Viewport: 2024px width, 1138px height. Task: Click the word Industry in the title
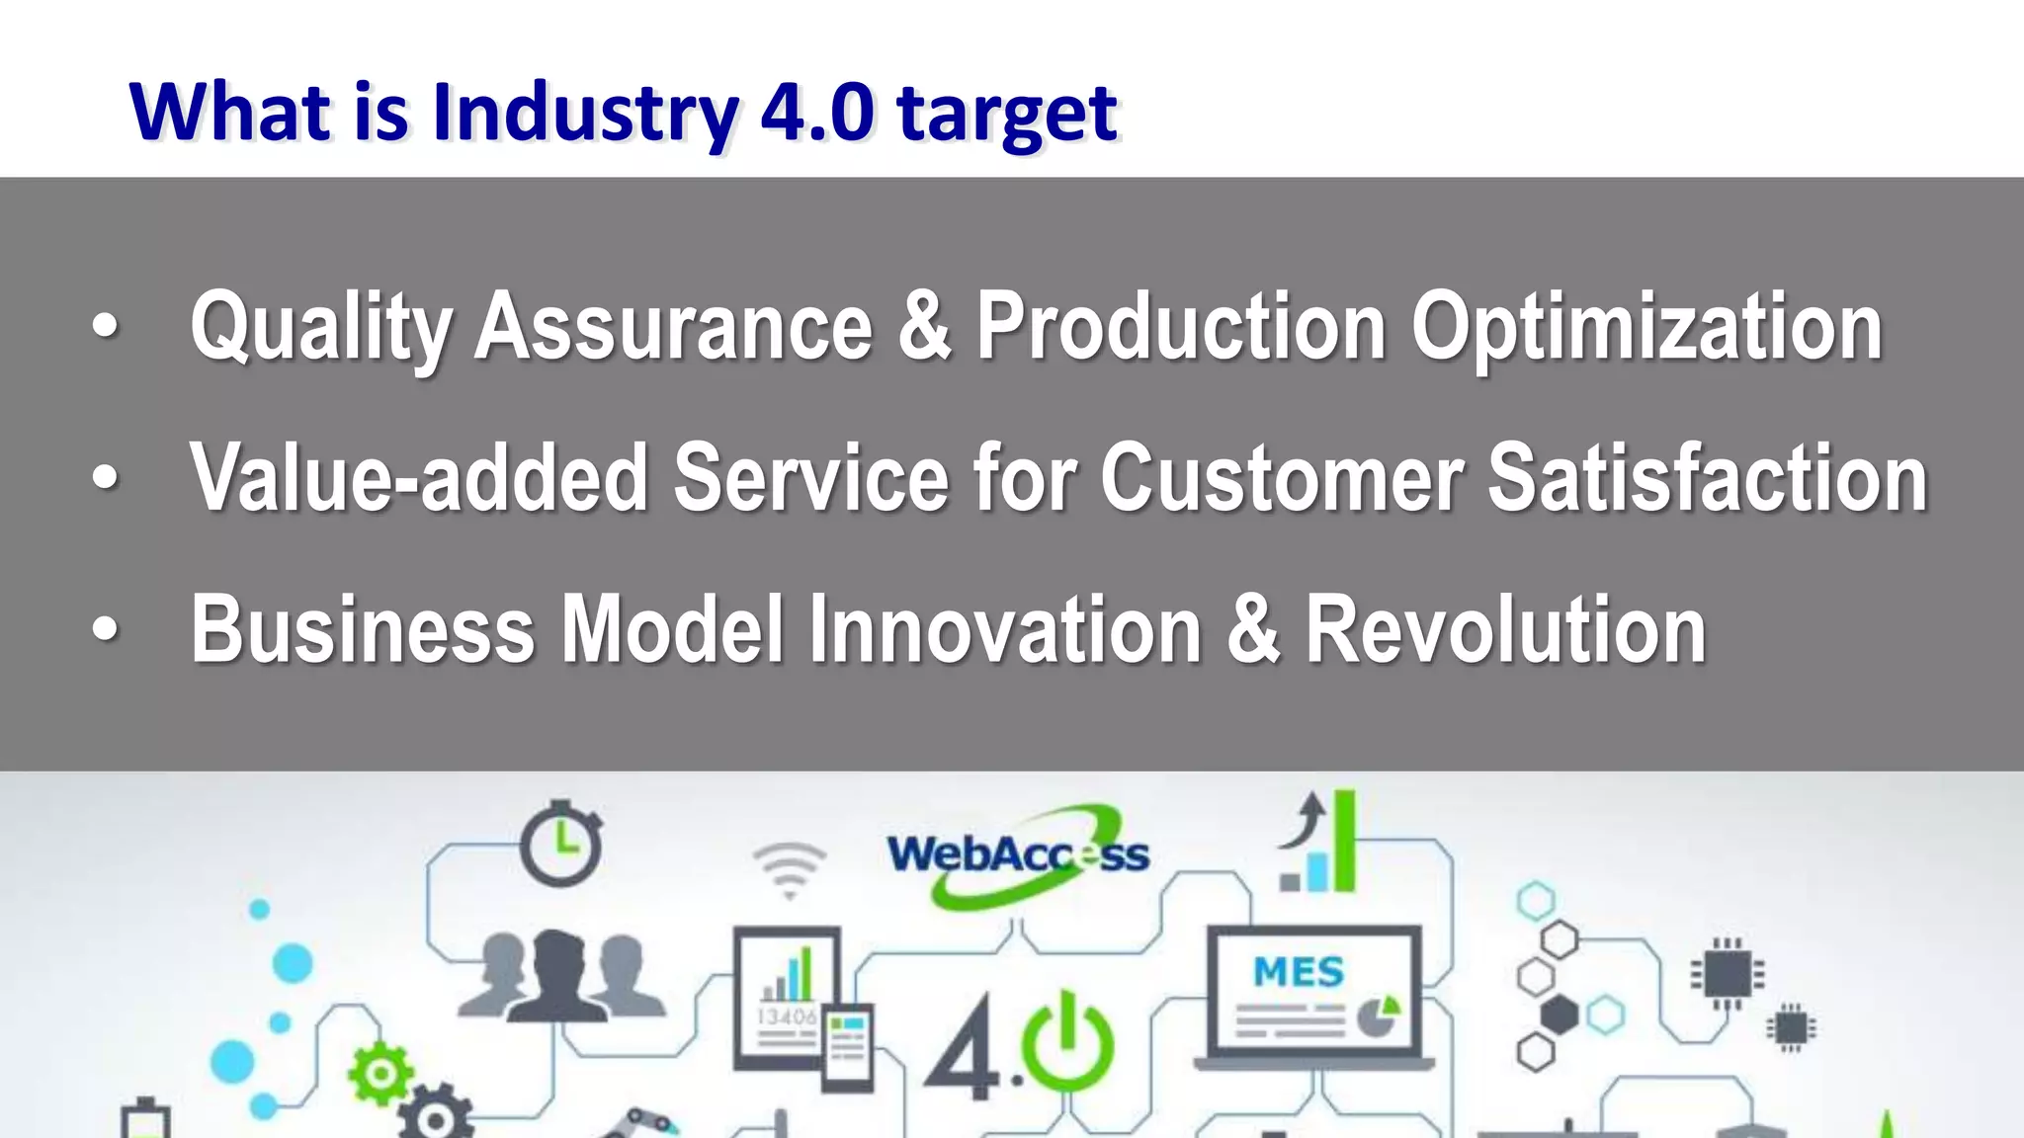click(584, 113)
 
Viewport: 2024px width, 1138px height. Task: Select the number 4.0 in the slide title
click(816, 111)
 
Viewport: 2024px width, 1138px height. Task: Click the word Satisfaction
click(1708, 478)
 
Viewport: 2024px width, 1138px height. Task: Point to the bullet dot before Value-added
click(105, 478)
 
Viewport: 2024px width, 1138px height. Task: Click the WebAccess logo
click(1018, 855)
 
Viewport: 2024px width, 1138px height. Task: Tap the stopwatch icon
click(560, 844)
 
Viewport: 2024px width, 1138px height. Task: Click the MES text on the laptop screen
click(1298, 972)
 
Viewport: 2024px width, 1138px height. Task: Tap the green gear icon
click(379, 1075)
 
